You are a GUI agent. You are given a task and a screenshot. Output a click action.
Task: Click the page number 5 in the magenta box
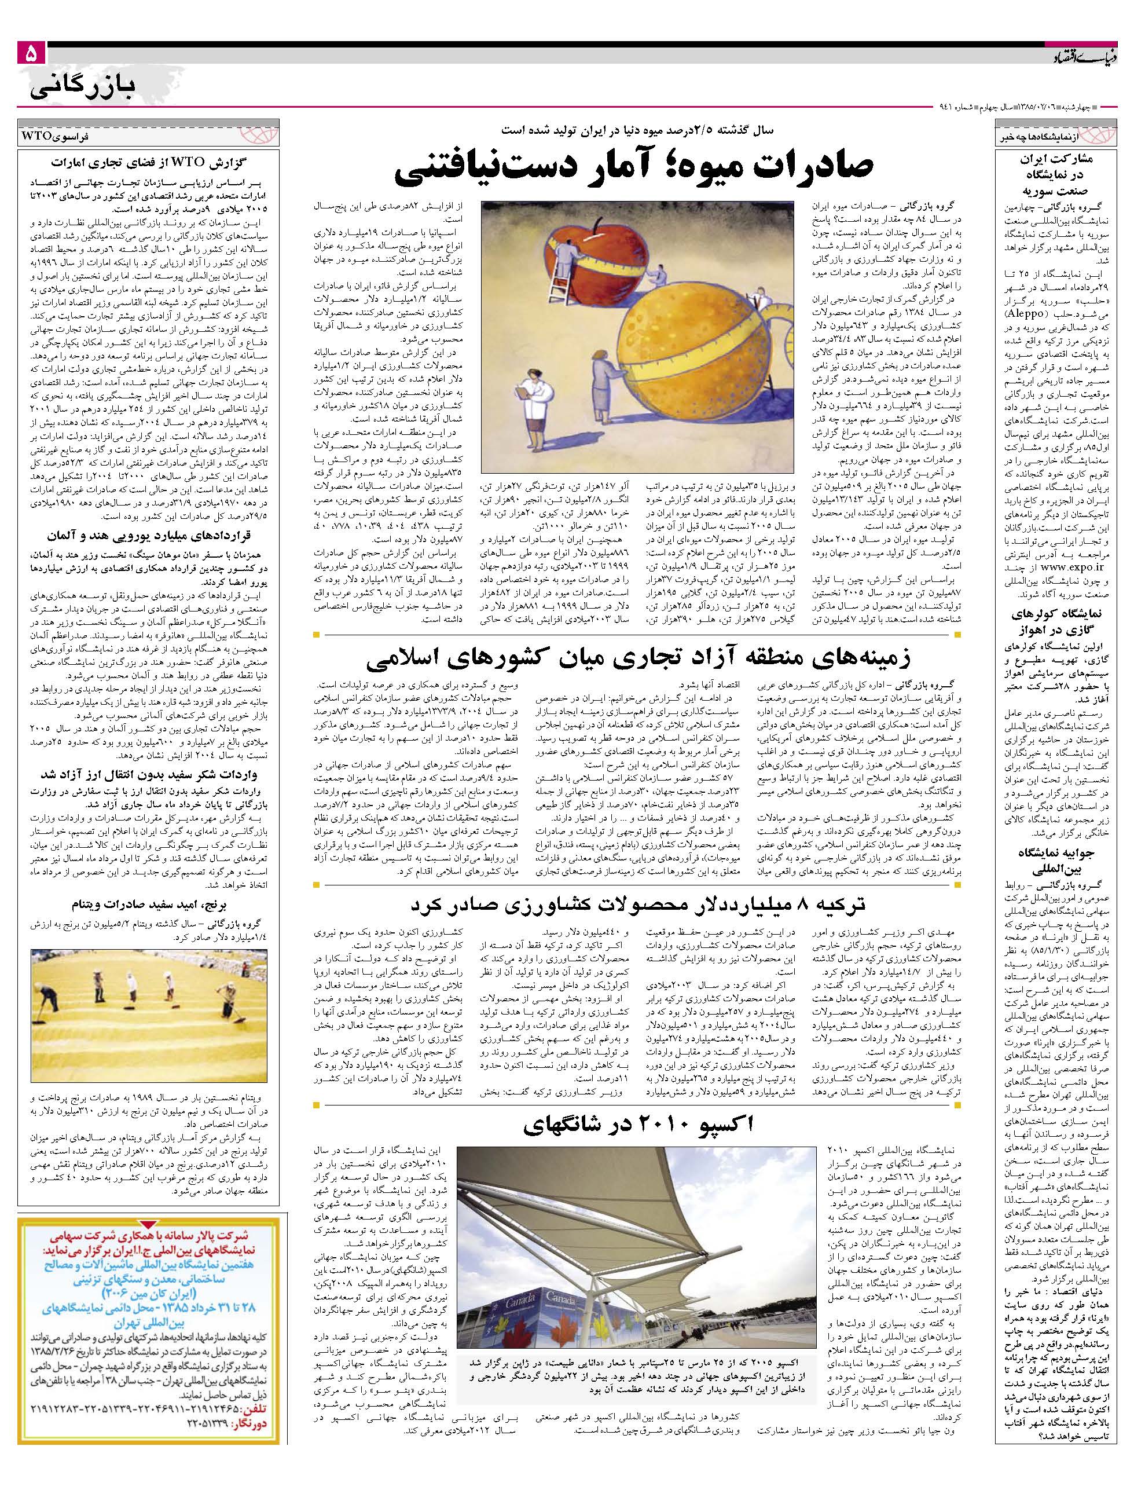32,54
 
